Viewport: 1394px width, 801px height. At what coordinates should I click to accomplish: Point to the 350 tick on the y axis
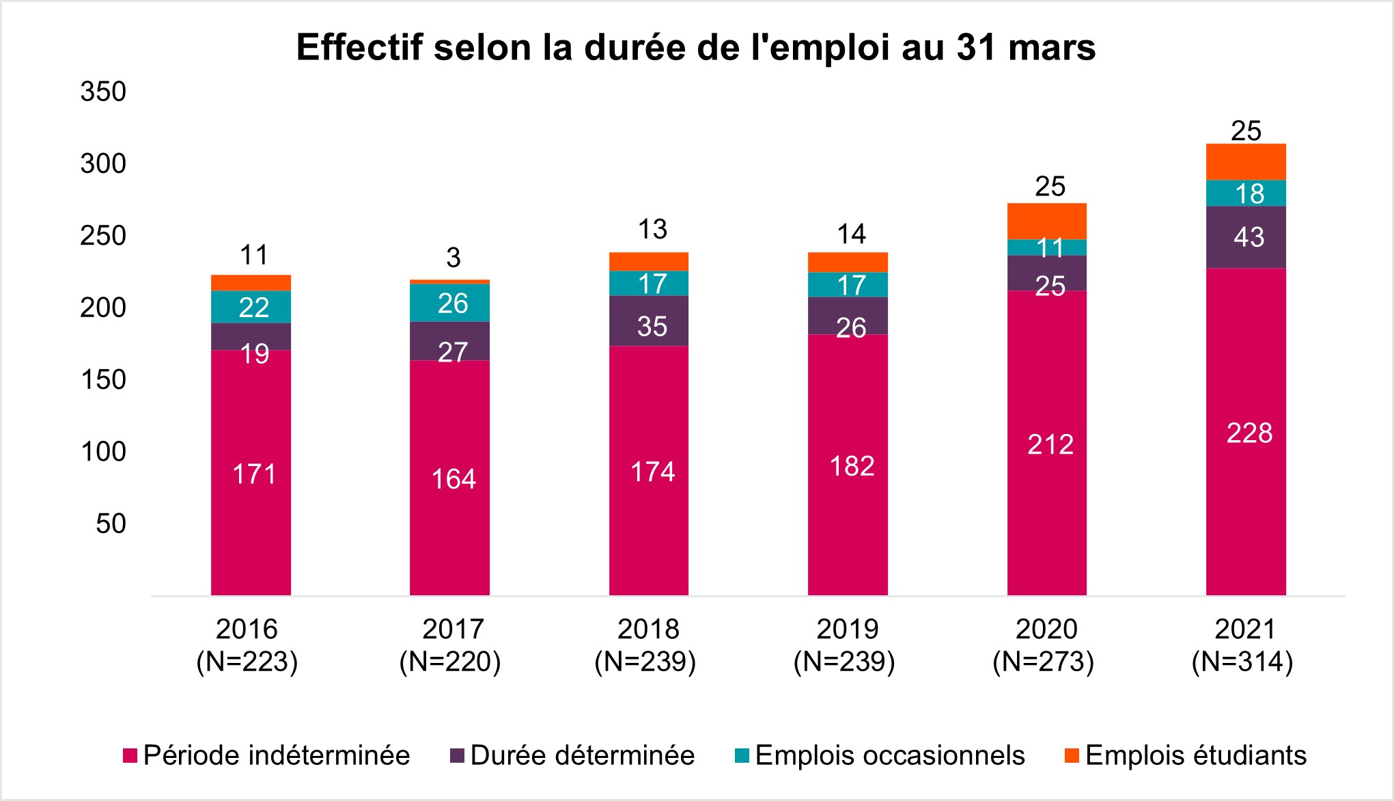click(103, 92)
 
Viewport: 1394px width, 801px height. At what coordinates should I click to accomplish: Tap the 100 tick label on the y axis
click(103, 452)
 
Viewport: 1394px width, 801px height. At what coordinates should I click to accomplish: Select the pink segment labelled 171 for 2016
click(251, 473)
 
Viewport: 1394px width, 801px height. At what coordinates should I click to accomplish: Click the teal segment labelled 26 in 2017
click(449, 303)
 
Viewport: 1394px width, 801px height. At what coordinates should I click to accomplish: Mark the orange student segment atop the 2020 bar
click(1046, 221)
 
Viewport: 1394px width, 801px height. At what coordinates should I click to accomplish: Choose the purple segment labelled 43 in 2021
click(1246, 237)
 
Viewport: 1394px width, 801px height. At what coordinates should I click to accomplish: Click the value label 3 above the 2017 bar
click(453, 258)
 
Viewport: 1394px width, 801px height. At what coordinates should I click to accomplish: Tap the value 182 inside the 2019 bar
click(852, 466)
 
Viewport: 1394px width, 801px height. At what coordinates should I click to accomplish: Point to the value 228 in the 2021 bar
click(1249, 433)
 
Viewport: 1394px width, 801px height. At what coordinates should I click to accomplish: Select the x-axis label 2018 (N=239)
click(645, 645)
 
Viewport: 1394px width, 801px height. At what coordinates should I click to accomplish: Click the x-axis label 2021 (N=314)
click(1242, 645)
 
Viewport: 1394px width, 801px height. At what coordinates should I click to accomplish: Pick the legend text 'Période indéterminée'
click(277, 755)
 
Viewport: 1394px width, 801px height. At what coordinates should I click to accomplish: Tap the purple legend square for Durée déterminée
click(457, 756)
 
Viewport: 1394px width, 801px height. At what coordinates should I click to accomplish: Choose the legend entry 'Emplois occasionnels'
click(890, 755)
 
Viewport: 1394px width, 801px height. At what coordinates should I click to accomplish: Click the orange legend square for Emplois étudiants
click(1072, 756)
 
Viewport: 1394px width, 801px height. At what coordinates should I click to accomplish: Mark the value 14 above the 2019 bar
click(851, 234)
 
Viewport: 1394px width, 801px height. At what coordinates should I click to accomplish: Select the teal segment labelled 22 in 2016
click(251, 307)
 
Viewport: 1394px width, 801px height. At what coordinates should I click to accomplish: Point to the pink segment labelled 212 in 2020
click(1046, 444)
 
